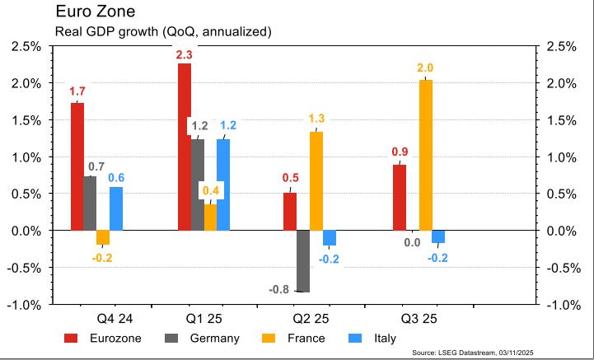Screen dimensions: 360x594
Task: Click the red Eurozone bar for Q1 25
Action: tap(185, 147)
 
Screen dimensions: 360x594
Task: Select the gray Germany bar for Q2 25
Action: tap(302, 261)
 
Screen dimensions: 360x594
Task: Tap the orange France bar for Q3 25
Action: tap(425, 155)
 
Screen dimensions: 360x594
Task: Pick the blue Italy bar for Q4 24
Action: tap(116, 208)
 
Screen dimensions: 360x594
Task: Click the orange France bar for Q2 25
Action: tap(316, 180)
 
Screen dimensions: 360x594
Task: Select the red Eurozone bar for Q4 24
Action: tap(77, 166)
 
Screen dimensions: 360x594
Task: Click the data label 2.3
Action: tap(184, 54)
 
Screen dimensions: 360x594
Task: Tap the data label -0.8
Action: tap(280, 289)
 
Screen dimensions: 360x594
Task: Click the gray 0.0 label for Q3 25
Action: tap(412, 242)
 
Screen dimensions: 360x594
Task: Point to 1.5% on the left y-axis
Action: tap(26, 120)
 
